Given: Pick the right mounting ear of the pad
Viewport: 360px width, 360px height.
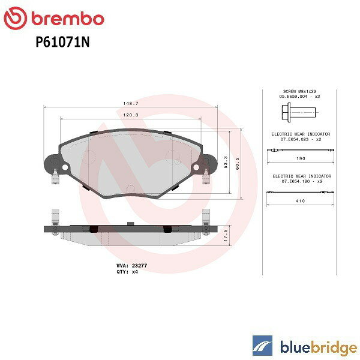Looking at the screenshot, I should click(x=208, y=164).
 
